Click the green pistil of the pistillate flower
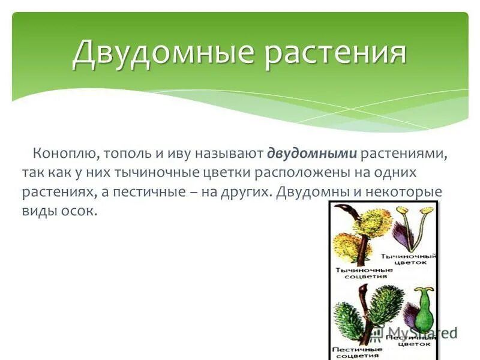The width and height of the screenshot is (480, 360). [x=424, y=312]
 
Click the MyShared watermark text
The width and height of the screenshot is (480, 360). [x=420, y=332]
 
